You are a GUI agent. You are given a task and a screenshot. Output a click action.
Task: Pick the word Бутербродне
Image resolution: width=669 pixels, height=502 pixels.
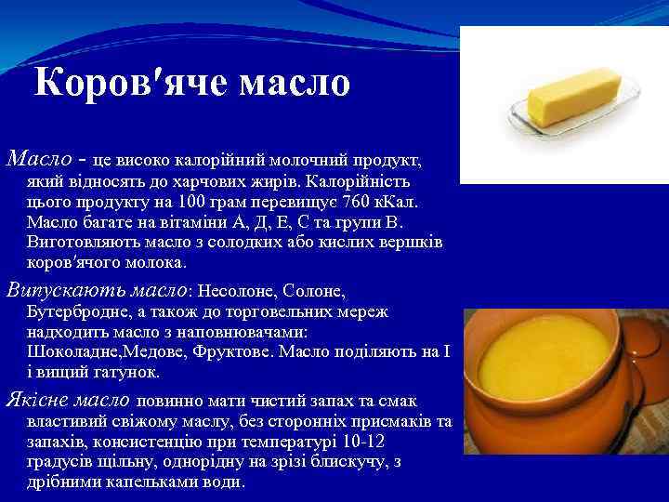click(79, 310)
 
